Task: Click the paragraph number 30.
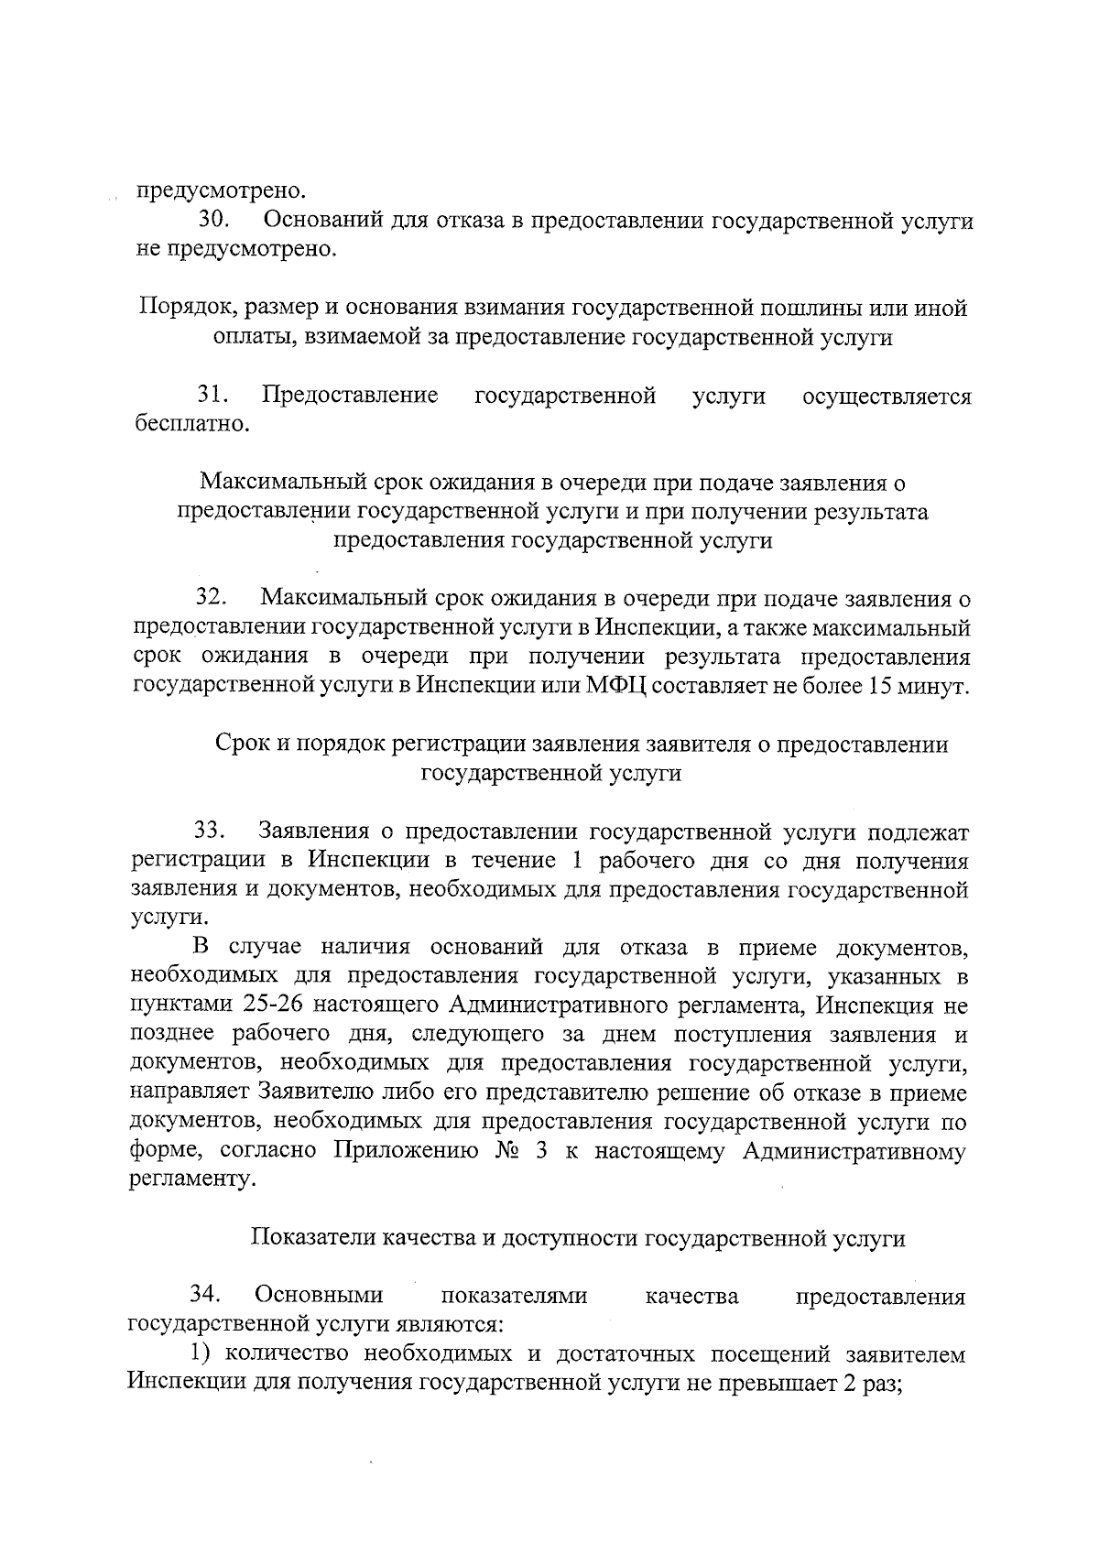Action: click(x=216, y=222)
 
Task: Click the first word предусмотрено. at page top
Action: click(x=221, y=192)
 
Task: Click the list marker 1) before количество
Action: click(x=202, y=1354)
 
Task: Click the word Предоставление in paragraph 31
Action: click(x=350, y=397)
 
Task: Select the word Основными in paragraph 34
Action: click(x=319, y=1296)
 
